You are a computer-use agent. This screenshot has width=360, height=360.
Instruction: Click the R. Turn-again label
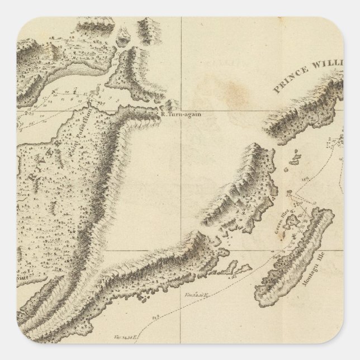pos(180,115)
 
